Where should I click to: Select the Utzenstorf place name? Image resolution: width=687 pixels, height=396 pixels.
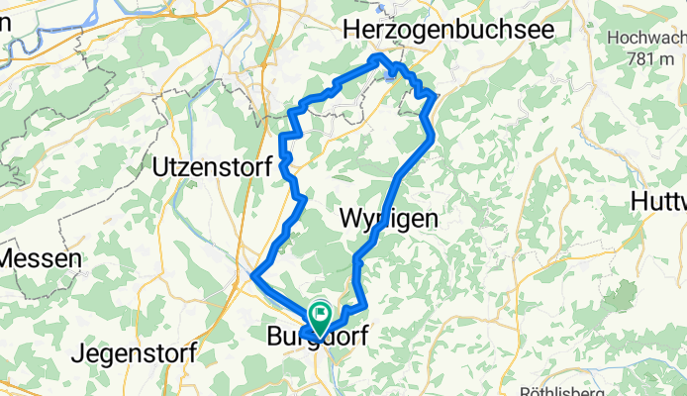coord(212,168)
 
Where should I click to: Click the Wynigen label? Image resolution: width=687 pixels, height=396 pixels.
coord(389,219)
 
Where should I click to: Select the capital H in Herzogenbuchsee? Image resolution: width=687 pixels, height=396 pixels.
coord(352,33)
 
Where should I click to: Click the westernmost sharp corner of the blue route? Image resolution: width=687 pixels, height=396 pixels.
coord(254,275)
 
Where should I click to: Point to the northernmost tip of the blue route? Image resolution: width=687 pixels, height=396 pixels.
coord(376,57)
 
